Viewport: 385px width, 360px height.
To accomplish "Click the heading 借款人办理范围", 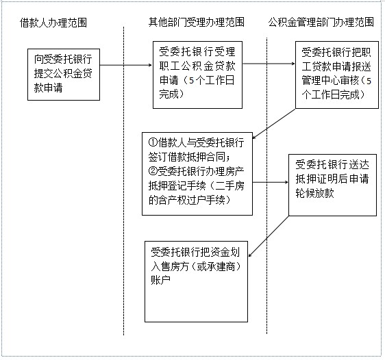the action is [53, 23].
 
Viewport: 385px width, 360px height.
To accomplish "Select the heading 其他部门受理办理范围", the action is [197, 22].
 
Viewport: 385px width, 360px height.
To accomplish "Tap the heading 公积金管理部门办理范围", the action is [321, 22].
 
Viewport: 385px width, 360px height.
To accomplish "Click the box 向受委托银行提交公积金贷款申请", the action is [64, 75].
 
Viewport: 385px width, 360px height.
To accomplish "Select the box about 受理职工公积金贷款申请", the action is [198, 75].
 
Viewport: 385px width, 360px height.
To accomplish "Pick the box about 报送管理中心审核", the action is [337, 75].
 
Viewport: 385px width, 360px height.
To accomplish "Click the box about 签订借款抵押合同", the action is [197, 174].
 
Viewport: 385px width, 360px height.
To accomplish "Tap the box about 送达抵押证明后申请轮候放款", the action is [332, 185].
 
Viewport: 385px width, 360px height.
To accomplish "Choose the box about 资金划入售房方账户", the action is [196, 281].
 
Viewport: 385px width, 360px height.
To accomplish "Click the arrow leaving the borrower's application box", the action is [126, 65].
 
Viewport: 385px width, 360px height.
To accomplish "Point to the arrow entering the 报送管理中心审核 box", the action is [269, 64].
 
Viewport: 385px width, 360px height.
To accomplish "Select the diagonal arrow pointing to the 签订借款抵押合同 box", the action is [274, 124].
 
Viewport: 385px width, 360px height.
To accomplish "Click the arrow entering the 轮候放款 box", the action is [271, 182].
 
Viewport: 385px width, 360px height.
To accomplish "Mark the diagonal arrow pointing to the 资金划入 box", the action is [269, 236].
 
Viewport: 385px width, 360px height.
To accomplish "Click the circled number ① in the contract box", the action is [153, 142].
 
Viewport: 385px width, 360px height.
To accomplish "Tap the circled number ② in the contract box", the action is [153, 171].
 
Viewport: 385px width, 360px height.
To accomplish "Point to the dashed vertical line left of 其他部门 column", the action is [123, 181].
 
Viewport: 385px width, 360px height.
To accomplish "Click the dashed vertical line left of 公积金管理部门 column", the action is [266, 185].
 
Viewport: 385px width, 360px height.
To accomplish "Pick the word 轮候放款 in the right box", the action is [314, 193].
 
